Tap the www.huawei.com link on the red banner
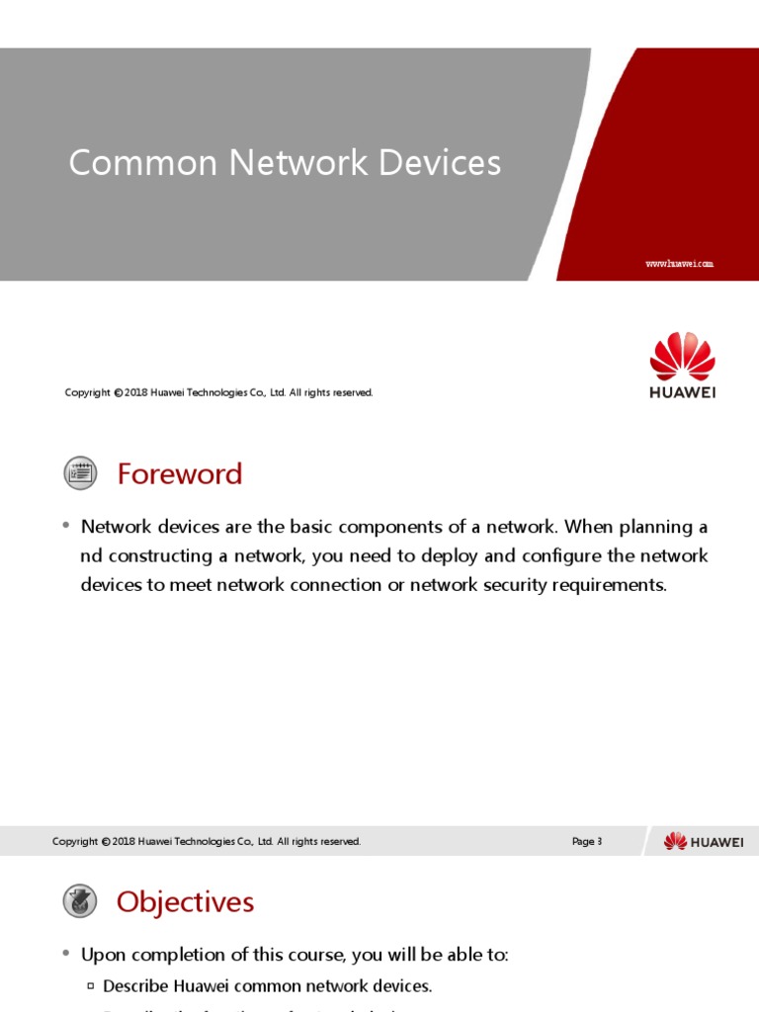pos(679,264)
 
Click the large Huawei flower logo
pos(682,358)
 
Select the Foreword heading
pos(179,474)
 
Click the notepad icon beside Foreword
pos(80,473)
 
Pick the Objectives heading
pos(185,901)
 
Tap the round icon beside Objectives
pos(80,900)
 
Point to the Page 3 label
pos(586,842)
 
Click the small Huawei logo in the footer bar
pos(703,841)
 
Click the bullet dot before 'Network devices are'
pos(65,526)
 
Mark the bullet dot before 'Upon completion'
pos(65,954)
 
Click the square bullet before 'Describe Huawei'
pos(91,986)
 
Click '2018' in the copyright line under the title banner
pos(136,393)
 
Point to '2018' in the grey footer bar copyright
pos(125,842)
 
